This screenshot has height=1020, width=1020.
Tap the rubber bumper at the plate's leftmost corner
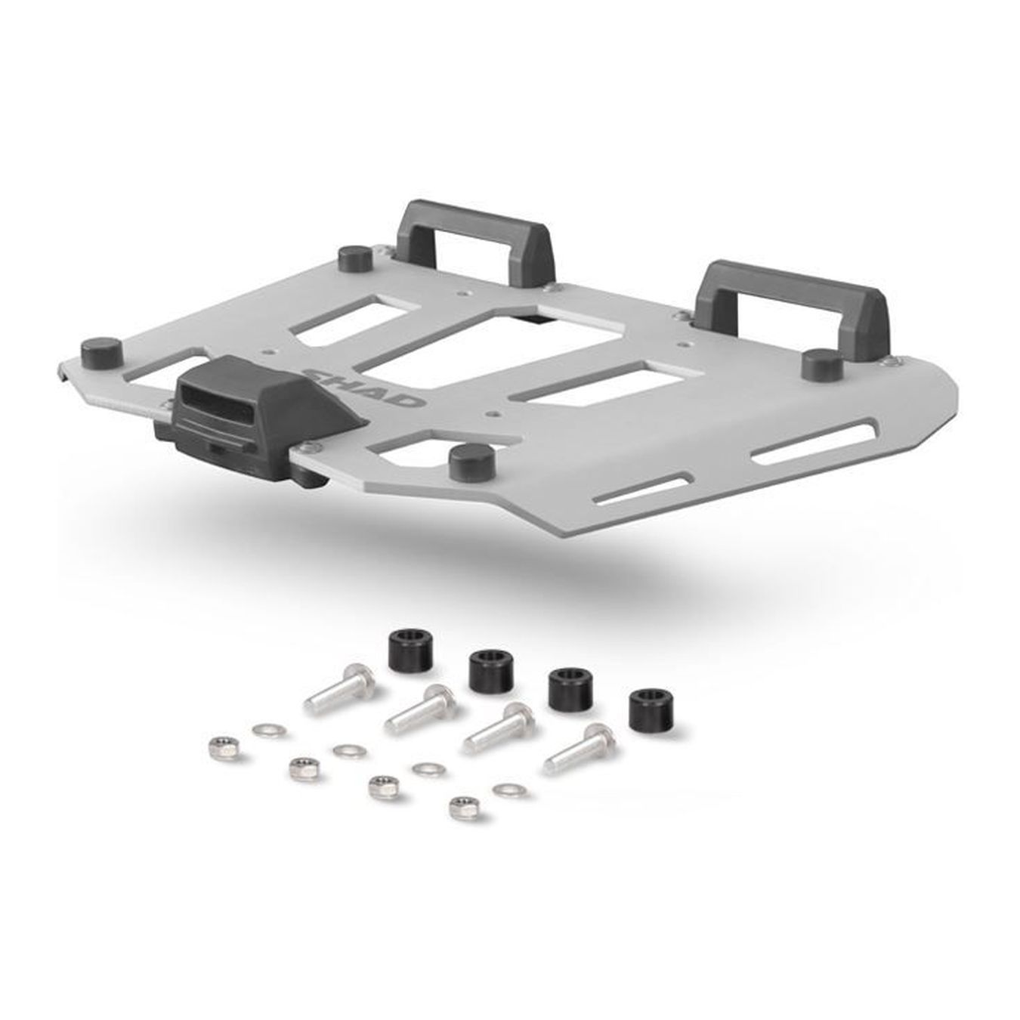101,351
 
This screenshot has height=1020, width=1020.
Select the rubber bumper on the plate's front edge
471,461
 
